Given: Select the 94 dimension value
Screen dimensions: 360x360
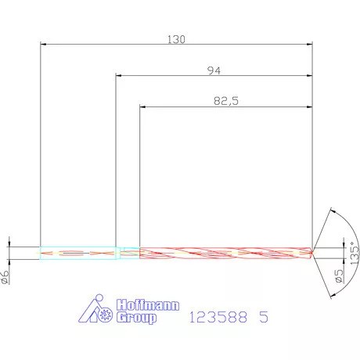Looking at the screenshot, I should [x=214, y=70].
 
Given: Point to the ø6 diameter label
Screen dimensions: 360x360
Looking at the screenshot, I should [x=6, y=275].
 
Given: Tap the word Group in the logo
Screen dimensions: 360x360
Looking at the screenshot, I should [x=136, y=319].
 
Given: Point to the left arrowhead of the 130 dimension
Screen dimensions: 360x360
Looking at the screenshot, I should [x=44, y=44].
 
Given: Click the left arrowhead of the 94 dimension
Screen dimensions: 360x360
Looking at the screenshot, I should [x=120, y=76].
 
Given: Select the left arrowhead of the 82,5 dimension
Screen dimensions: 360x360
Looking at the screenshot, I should [x=143, y=106].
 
